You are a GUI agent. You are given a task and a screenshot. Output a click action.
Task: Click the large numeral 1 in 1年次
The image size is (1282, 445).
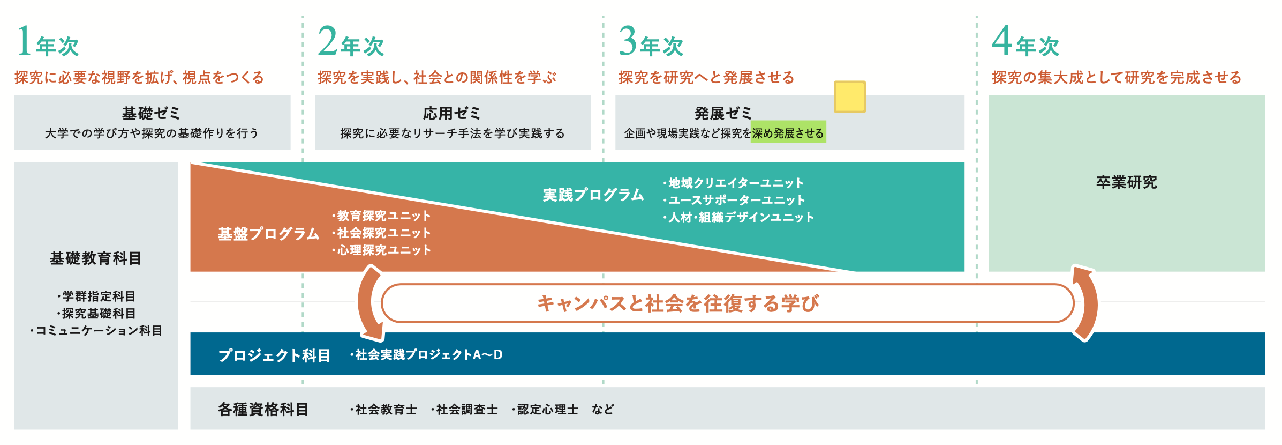pyautogui.click(x=24, y=41)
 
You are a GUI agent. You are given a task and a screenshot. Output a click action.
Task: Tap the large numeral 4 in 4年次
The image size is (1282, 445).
pyautogui.click(x=1002, y=41)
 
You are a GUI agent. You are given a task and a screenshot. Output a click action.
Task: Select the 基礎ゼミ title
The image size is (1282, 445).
pyautogui.click(x=151, y=113)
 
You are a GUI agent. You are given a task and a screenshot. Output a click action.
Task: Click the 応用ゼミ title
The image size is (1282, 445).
pyautogui.click(x=452, y=113)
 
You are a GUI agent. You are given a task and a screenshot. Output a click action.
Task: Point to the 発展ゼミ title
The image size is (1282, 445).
pyautogui.click(x=723, y=113)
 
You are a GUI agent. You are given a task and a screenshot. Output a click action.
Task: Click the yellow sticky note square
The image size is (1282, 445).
pyautogui.click(x=850, y=97)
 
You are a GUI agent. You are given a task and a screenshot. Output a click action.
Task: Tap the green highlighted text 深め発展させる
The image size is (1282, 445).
pyautogui.click(x=788, y=133)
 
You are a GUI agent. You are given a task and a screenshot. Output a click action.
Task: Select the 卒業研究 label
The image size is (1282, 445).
pyautogui.click(x=1127, y=182)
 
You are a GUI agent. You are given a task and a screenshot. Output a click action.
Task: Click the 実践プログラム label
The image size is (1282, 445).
pyautogui.click(x=593, y=195)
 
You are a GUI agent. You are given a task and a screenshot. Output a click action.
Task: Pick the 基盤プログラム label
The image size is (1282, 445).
pyautogui.click(x=269, y=234)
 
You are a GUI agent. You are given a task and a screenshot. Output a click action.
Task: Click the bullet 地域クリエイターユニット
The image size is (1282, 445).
pyautogui.click(x=734, y=183)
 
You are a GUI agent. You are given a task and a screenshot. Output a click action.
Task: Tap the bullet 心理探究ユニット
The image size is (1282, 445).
pyautogui.click(x=382, y=250)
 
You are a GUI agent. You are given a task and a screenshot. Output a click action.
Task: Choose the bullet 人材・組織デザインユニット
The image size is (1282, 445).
pyautogui.click(x=739, y=217)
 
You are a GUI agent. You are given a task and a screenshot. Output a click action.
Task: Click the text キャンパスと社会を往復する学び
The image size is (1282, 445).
pyautogui.click(x=678, y=303)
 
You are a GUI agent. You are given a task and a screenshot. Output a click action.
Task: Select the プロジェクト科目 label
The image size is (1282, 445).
pyautogui.click(x=274, y=355)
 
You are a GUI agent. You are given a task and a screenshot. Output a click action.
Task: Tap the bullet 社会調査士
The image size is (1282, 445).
pyautogui.click(x=465, y=410)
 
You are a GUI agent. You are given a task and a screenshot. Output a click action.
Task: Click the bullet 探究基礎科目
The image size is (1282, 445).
pyautogui.click(x=97, y=313)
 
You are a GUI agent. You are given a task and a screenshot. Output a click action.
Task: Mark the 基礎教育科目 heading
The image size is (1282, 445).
pyautogui.click(x=96, y=258)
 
